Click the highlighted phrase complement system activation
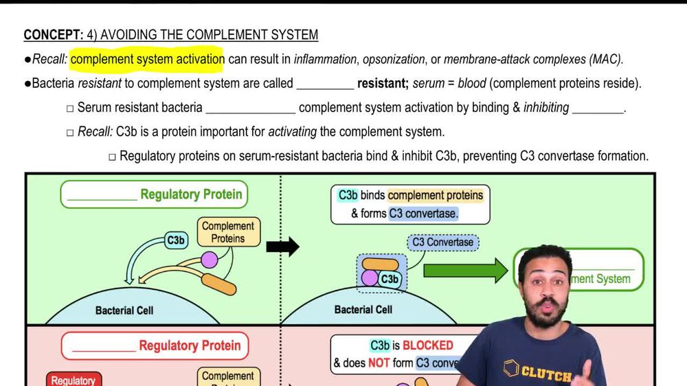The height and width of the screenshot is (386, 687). coord(147,59)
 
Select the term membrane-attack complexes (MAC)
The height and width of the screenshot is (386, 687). coord(533,60)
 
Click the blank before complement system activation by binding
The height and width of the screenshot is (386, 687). coord(250,109)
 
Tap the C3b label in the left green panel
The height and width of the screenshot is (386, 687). coord(176,240)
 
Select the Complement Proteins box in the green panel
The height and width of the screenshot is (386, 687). coord(228,232)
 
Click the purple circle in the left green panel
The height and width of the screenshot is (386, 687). coord(209,260)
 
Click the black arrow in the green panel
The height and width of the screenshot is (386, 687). coord(282,246)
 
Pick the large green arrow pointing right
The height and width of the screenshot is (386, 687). coord(465,270)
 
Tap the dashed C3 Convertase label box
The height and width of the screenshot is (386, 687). coord(443,242)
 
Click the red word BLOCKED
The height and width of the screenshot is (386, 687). coord(428,345)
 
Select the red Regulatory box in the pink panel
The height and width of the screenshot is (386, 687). coord(74,379)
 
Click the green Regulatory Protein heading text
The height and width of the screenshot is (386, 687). coord(191,194)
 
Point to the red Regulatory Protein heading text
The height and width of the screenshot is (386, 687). coord(190,345)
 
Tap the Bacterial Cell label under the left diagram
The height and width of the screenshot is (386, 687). coord(124,310)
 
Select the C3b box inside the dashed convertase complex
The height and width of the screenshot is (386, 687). coord(390,279)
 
